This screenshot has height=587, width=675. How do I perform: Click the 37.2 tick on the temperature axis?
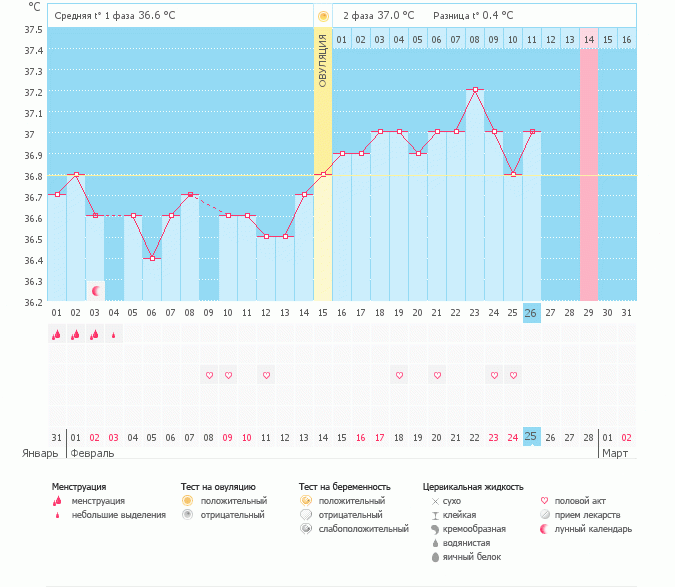pyautogui.click(x=34, y=92)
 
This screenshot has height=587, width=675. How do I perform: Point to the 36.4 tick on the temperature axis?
pyautogui.click(x=34, y=260)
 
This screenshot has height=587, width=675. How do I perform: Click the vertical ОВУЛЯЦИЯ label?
pyautogui.click(x=323, y=60)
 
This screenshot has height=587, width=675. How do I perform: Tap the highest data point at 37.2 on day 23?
pyautogui.click(x=475, y=90)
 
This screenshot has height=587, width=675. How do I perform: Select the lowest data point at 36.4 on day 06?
pyautogui.click(x=152, y=258)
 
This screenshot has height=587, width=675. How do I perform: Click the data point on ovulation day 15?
pyautogui.click(x=323, y=174)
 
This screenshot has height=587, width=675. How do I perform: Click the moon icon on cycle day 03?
pyautogui.click(x=96, y=290)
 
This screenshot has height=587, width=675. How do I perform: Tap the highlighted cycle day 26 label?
pyautogui.click(x=531, y=313)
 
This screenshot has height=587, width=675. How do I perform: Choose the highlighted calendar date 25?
pyautogui.click(x=531, y=437)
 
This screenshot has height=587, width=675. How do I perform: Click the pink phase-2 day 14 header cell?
pyautogui.click(x=588, y=39)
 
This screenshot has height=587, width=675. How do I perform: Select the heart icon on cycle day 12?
pyautogui.click(x=266, y=375)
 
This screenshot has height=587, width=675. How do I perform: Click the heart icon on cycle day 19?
pyautogui.click(x=399, y=375)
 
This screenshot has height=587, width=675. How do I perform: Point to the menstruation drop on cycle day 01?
pyautogui.click(x=57, y=335)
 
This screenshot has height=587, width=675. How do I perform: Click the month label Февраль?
pyautogui.click(x=91, y=453)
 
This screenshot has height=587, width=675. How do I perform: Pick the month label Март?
pyautogui.click(x=613, y=453)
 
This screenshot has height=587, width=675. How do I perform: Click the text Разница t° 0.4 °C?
pyautogui.click(x=473, y=16)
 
